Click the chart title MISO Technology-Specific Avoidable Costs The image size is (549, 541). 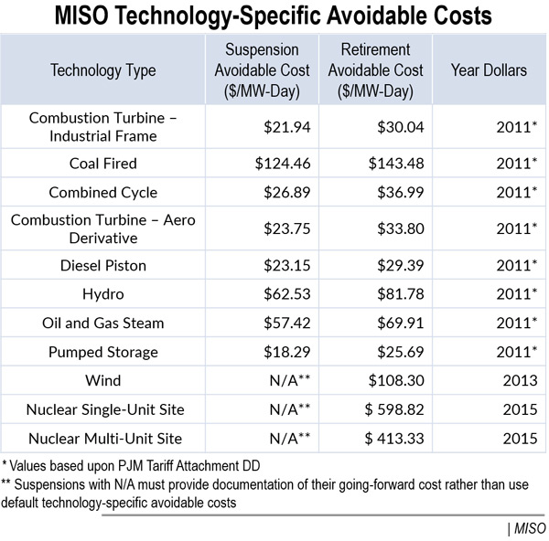tap(274, 16)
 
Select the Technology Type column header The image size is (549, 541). tap(103, 70)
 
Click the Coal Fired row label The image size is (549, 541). tap(103, 164)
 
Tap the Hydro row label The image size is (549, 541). tap(103, 293)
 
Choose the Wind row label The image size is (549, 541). tap(103, 381)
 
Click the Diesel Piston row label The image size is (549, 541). tap(103, 265)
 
